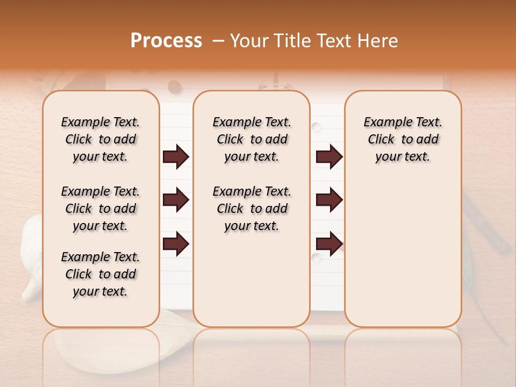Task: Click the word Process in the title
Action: tap(166, 41)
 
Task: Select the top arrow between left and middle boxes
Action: tap(176, 156)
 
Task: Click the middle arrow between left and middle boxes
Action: tap(176, 200)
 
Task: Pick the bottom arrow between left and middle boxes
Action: tap(176, 243)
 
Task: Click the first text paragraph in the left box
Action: tap(101, 139)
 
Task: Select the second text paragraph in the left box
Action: tap(101, 209)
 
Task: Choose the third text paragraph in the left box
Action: tap(101, 274)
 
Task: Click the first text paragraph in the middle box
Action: tap(252, 139)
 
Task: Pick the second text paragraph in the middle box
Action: tap(252, 209)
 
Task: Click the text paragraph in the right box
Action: tap(403, 139)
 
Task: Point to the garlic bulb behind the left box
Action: tap(31, 258)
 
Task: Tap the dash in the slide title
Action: tap(218, 41)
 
